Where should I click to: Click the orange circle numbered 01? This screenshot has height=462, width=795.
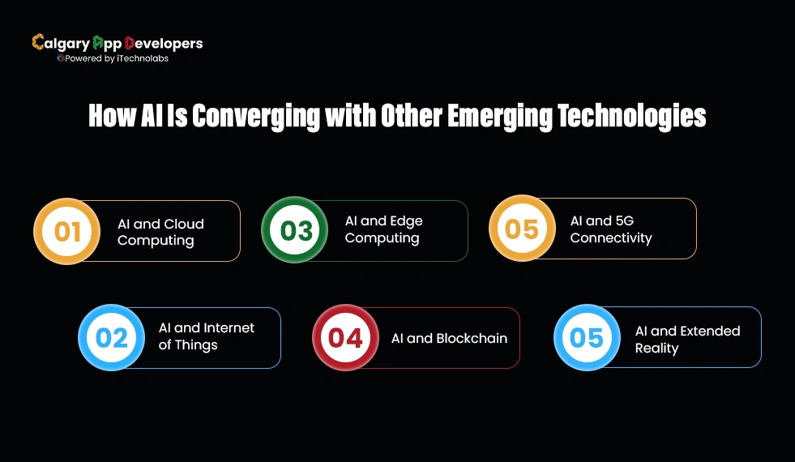point(67,232)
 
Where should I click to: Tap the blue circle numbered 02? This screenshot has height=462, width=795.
point(112,337)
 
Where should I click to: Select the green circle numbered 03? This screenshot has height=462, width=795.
point(296,230)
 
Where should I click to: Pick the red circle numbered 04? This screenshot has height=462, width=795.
point(346,337)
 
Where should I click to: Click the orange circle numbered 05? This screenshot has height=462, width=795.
point(522,229)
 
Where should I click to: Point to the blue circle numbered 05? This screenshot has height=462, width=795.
point(587,337)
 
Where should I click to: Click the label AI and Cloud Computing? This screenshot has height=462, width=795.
point(160,232)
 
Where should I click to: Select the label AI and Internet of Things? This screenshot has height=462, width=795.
point(206,336)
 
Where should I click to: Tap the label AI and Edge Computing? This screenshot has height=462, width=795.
point(383,229)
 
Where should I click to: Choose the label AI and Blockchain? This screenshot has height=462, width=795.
point(449,338)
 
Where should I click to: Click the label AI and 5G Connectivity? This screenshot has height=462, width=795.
point(610,229)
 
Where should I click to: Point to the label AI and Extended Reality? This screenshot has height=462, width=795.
point(687,340)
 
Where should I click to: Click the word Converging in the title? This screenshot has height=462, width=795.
point(256,117)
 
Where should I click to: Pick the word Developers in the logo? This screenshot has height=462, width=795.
point(164,43)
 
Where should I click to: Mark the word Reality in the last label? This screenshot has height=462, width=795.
point(656,349)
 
